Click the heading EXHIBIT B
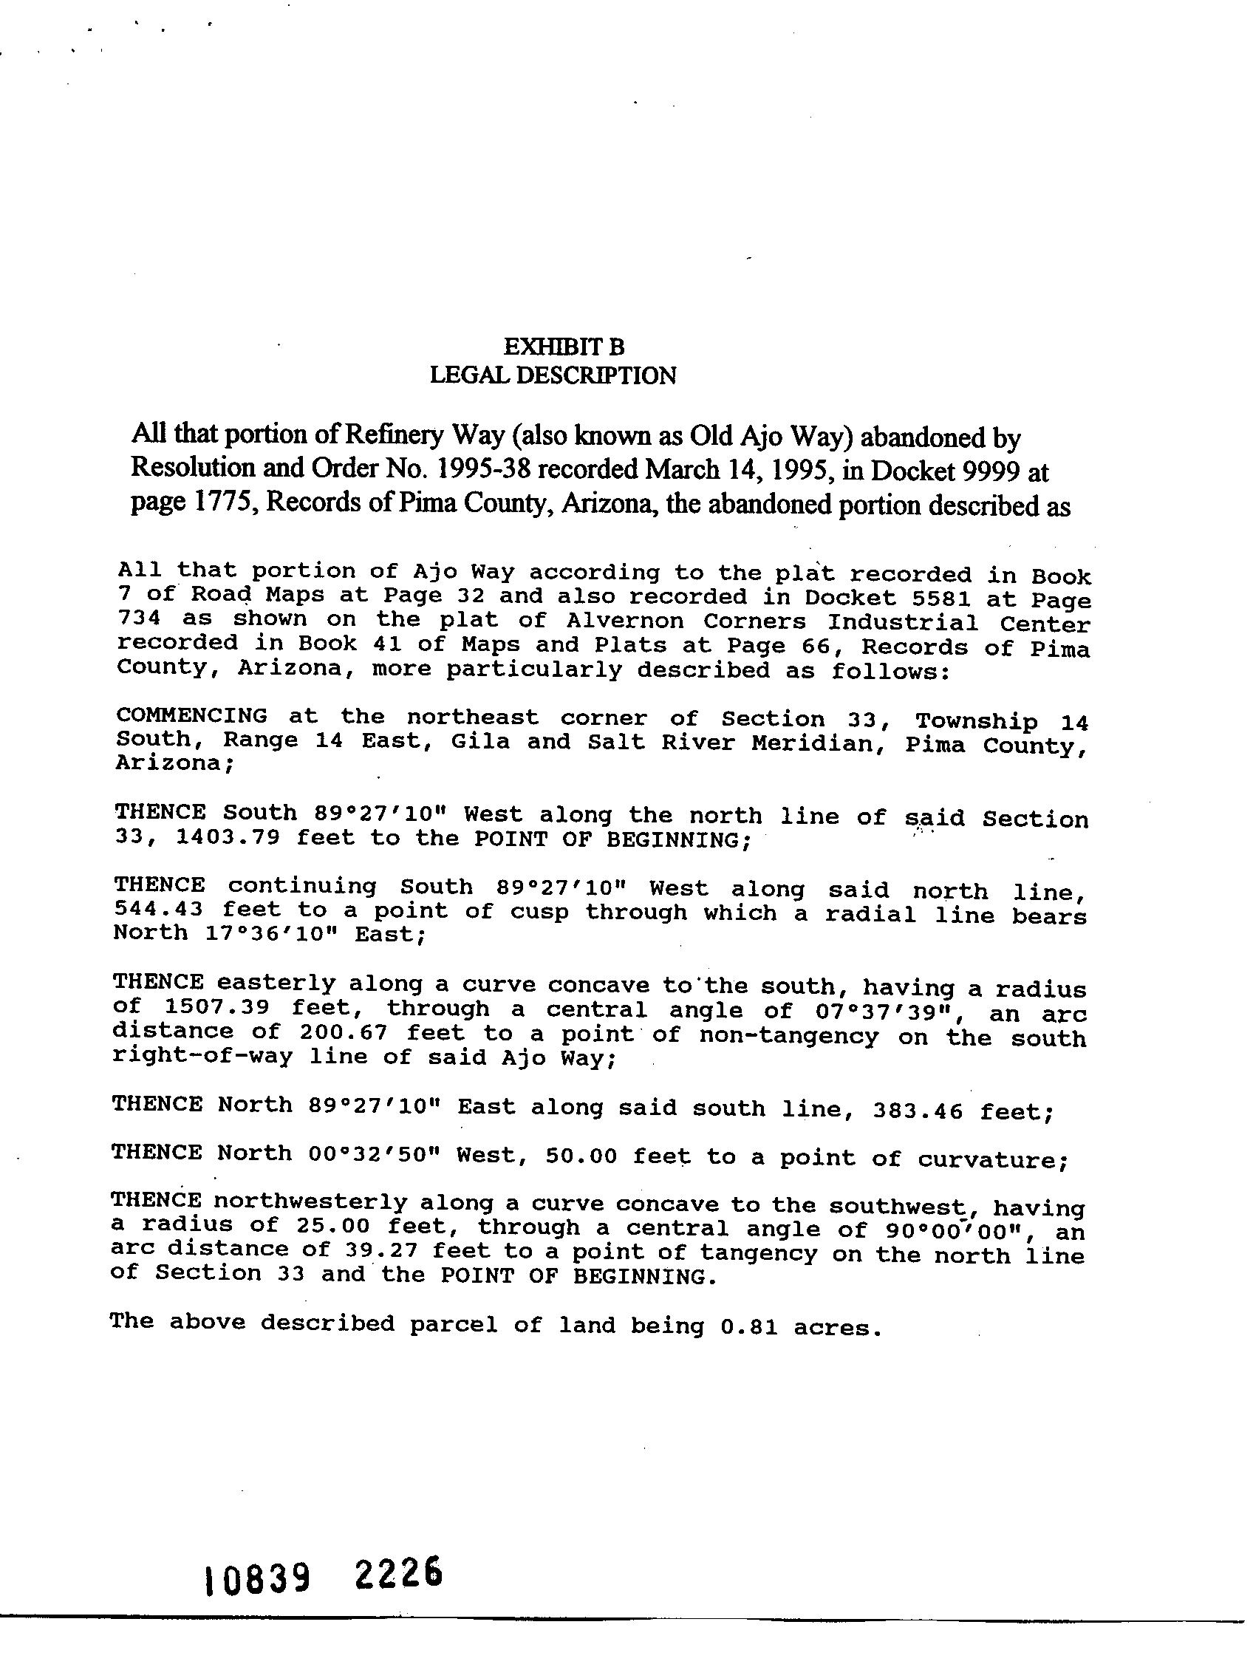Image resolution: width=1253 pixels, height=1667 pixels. pyautogui.click(x=563, y=347)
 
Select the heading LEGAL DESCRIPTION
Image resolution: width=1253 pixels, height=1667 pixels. pyautogui.click(x=553, y=375)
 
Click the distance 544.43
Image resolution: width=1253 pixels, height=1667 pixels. pyautogui.click(x=158, y=909)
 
